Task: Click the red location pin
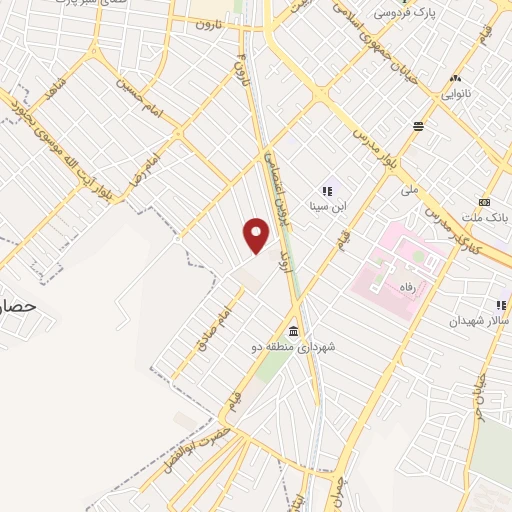click(257, 236)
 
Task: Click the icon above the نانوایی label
click(456, 78)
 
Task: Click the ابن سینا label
click(326, 208)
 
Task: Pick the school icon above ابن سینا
click(326, 190)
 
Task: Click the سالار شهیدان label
click(479, 320)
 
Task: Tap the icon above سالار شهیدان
click(500, 305)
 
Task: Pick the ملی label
click(409, 188)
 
